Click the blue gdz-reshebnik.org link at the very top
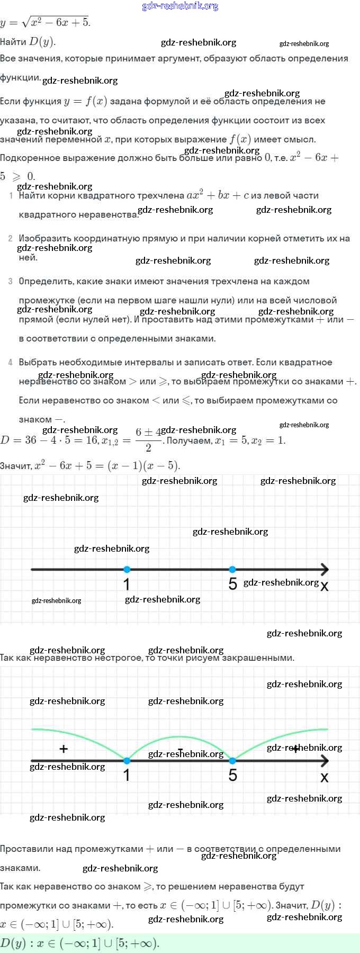(180, 6)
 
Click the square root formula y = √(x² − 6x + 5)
(46, 22)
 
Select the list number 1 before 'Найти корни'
(11, 196)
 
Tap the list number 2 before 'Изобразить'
(11, 239)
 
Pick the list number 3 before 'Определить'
(11, 282)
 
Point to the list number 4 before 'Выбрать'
(11, 363)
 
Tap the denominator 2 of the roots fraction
(148, 448)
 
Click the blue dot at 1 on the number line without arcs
(127, 570)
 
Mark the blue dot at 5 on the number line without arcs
(232, 570)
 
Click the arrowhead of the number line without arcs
(325, 570)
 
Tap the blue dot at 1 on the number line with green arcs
(127, 761)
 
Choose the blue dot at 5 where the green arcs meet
(232, 761)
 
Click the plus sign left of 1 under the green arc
(64, 749)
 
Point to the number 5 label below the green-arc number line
(233, 776)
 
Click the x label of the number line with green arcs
(325, 777)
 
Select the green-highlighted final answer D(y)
(79, 943)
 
